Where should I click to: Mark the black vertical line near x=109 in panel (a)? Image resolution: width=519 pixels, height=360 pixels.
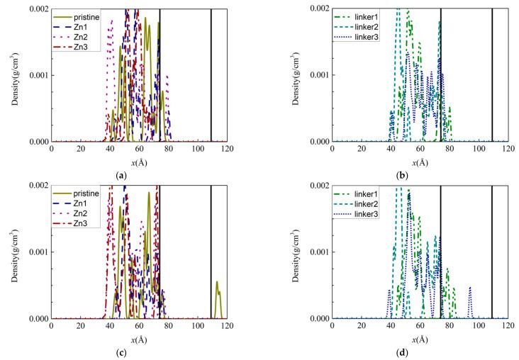pyautogui.click(x=211, y=71)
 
